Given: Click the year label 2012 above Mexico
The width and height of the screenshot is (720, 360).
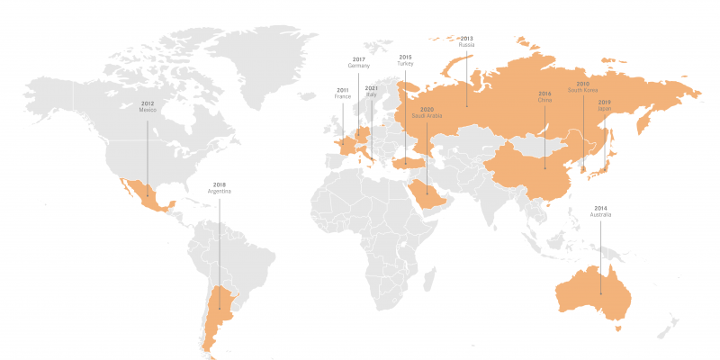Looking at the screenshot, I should (x=148, y=103).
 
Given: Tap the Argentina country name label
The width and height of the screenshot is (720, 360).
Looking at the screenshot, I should (x=220, y=192).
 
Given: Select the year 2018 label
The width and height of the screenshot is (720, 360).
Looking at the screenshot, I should (x=220, y=184).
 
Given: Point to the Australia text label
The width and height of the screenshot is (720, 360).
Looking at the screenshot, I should (x=601, y=215).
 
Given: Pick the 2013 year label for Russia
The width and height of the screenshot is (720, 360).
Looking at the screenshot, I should (x=466, y=39).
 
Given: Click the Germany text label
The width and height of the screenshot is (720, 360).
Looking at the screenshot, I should (x=358, y=66).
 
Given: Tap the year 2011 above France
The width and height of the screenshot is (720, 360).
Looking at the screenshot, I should (x=343, y=90).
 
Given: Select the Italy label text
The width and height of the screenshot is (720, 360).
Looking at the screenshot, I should (x=372, y=94).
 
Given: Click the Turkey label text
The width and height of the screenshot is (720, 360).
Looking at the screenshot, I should (x=405, y=63).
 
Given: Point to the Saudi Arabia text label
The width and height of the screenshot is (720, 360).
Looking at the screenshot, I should (x=427, y=116).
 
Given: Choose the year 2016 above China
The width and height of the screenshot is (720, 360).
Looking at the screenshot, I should (x=544, y=93).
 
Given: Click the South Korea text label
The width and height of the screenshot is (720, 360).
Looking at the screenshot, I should (x=583, y=91).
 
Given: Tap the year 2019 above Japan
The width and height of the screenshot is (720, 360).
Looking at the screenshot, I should (x=604, y=102).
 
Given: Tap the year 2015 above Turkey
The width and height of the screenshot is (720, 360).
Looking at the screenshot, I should (x=405, y=56).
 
